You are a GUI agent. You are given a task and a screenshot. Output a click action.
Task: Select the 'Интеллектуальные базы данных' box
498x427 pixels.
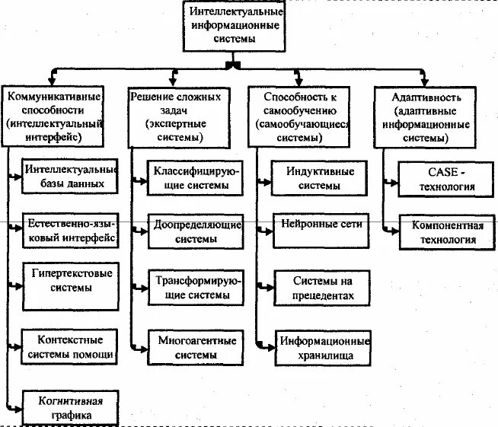pos(69,177)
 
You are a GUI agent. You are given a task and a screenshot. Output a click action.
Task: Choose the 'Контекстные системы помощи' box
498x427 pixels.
pos(69,346)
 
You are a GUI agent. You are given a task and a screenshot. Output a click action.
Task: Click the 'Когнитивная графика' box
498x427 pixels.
pos(69,406)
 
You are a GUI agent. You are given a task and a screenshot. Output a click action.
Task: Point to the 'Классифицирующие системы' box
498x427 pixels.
pos(194,179)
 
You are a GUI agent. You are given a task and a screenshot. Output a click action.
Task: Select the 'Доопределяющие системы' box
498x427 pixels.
pos(194,232)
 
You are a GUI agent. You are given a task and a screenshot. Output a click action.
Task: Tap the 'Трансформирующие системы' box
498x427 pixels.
pos(194,286)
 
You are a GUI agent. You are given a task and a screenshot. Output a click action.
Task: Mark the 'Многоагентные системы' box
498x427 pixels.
pos(194,346)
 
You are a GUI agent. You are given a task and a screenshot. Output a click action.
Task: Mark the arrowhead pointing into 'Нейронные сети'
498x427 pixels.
pos(268,226)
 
